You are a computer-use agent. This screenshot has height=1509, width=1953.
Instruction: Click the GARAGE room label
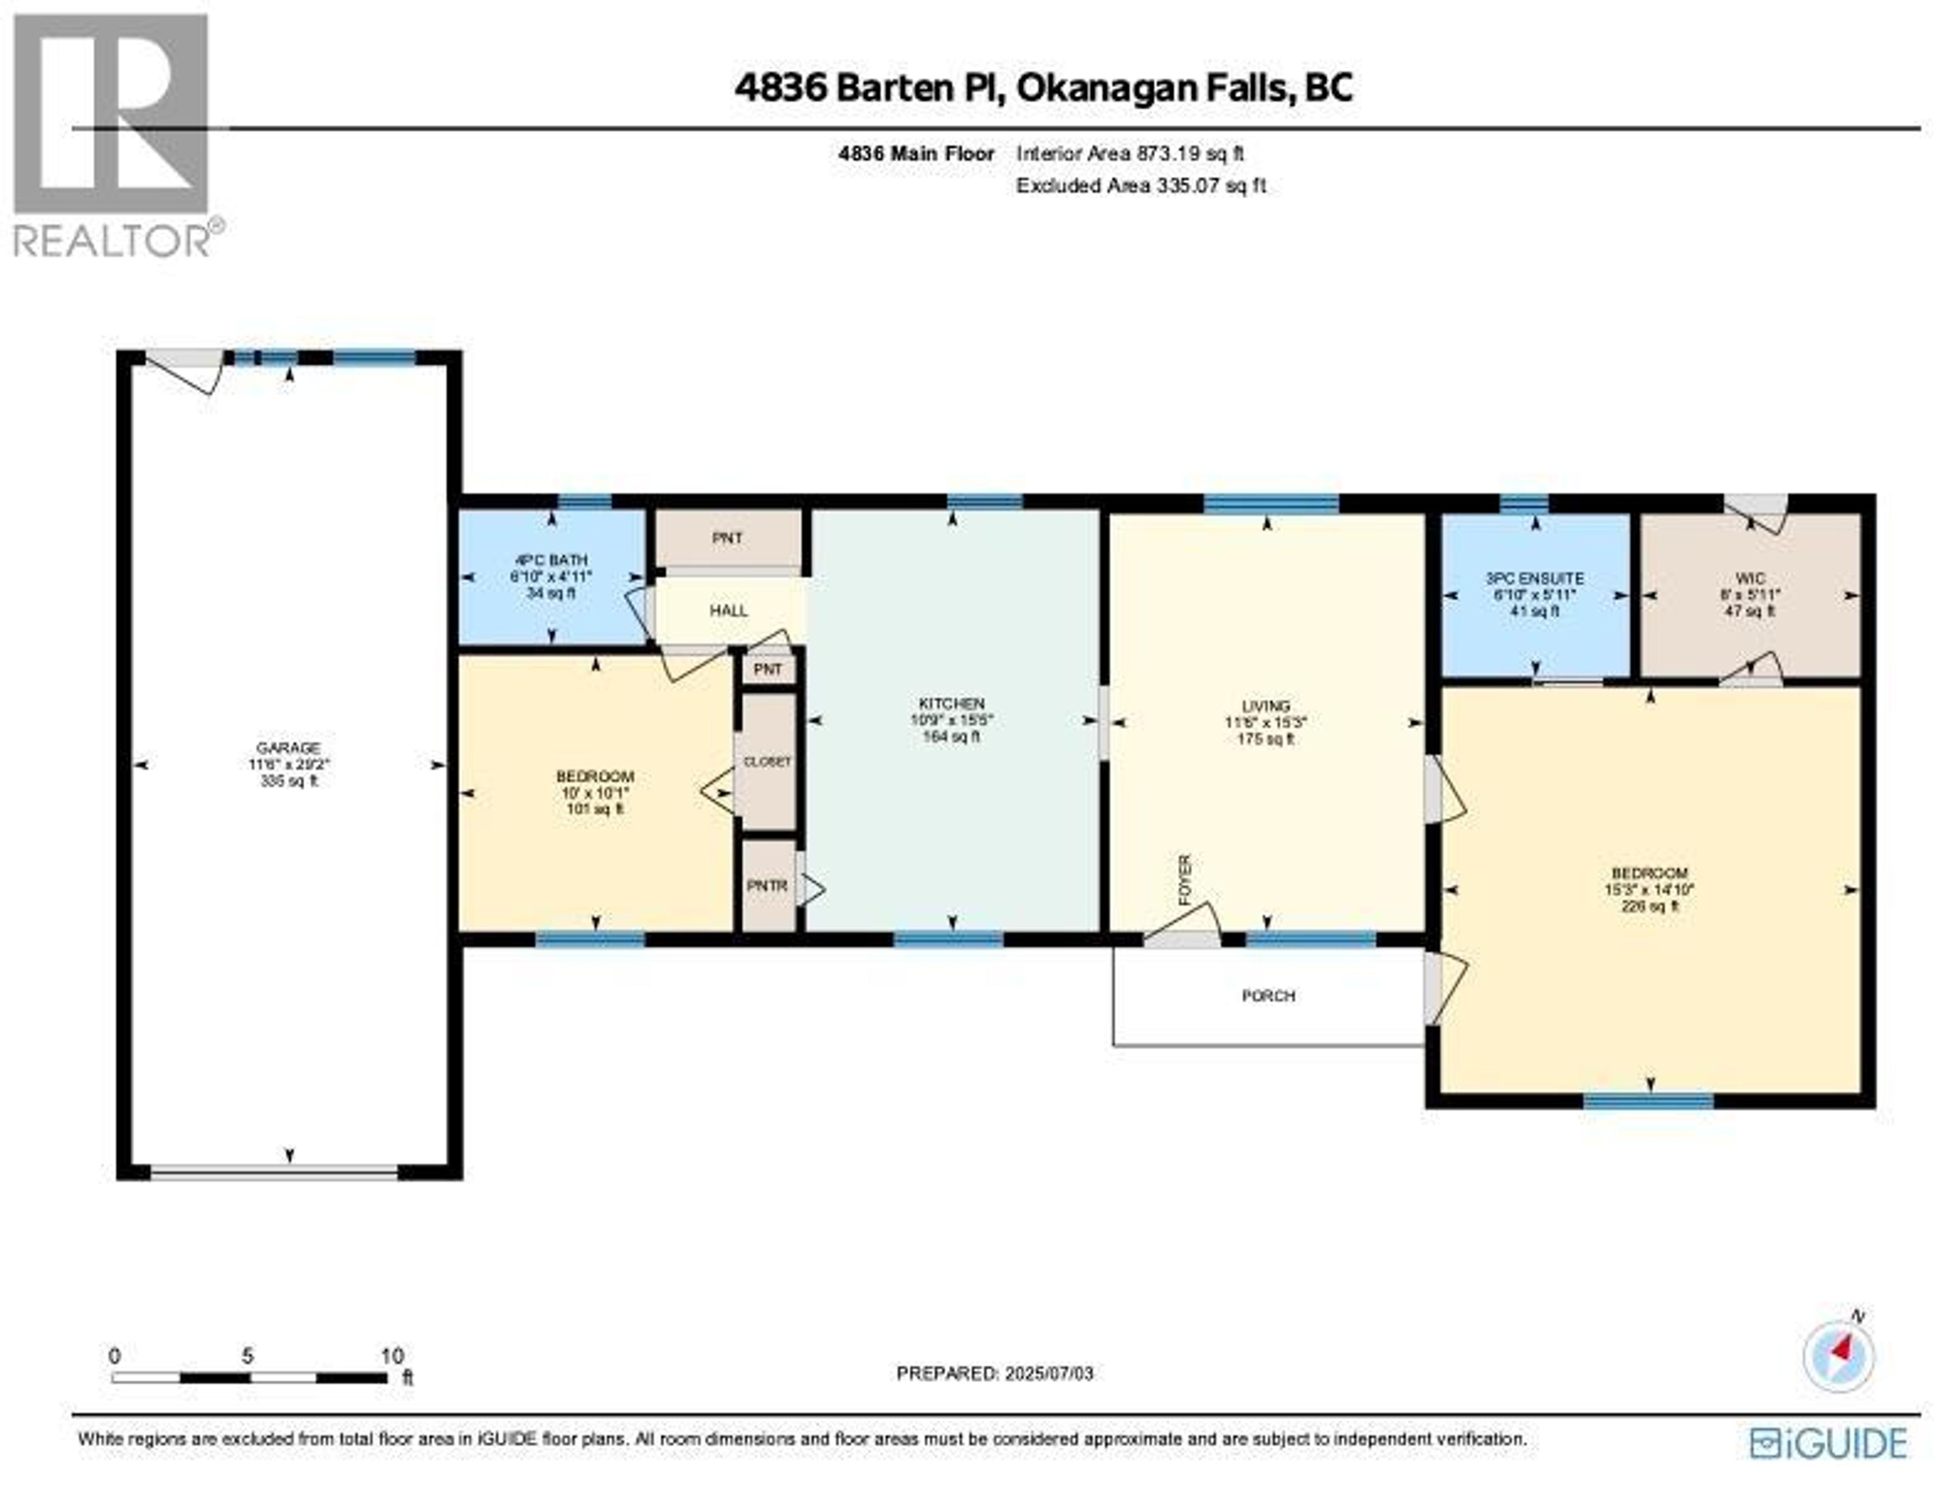288,748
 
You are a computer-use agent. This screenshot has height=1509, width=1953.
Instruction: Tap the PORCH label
1268,995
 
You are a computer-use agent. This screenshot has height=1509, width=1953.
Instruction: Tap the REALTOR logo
112,134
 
